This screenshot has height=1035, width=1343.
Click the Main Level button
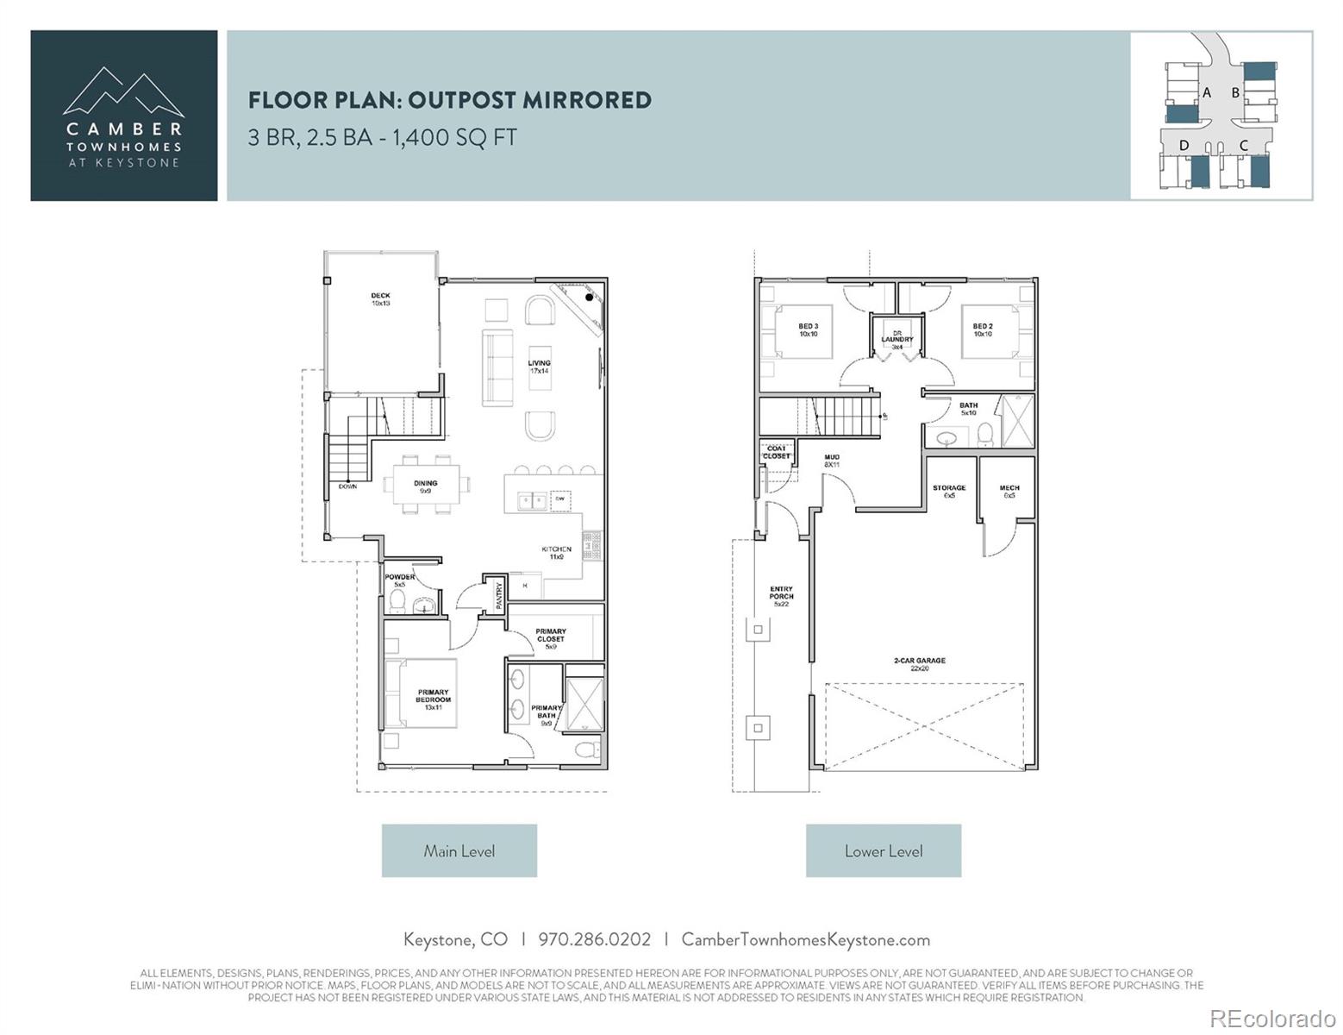[x=459, y=850]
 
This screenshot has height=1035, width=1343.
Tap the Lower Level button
[x=883, y=850]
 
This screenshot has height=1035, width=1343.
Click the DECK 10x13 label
[x=380, y=299]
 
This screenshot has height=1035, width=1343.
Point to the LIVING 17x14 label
[x=539, y=367]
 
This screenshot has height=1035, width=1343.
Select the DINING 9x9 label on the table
[x=426, y=487]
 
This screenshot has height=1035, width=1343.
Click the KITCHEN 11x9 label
[x=556, y=553]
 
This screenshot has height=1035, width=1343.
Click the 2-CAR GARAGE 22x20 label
[x=920, y=664]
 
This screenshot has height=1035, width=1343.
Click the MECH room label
[x=1009, y=491]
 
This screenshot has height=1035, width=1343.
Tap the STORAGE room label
[x=949, y=491]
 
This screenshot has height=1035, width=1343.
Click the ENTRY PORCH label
[x=781, y=596]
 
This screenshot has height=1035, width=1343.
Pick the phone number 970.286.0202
[x=594, y=939]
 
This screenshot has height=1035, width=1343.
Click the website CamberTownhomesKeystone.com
[x=805, y=939]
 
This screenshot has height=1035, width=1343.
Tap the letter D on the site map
[x=1184, y=146]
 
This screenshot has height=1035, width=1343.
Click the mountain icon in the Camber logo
[x=123, y=91]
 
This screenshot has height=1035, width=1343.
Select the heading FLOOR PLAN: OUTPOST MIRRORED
[x=450, y=100]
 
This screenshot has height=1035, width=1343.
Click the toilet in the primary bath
[x=585, y=749]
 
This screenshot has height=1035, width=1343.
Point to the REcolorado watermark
[x=1271, y=1018]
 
